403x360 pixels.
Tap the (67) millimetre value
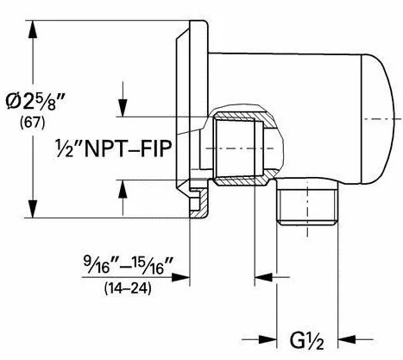[33, 123]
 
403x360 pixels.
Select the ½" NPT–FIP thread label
[114, 148]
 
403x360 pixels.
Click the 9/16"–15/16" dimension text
[129, 264]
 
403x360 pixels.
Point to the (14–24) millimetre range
[128, 288]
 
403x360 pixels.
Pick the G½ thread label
[306, 341]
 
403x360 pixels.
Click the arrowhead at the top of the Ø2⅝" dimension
[33, 28]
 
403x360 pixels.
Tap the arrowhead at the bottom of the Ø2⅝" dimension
[33, 209]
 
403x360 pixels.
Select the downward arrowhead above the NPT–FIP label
[123, 108]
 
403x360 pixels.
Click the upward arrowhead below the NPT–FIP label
[123, 189]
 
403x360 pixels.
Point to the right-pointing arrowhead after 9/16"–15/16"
[180, 277]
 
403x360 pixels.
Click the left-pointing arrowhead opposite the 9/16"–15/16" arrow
[263, 277]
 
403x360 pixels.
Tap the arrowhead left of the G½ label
[268, 339]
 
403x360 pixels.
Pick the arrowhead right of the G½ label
[347, 339]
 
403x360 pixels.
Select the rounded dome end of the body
[378, 118]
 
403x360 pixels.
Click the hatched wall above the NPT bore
[244, 117]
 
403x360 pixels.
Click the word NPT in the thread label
[105, 148]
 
